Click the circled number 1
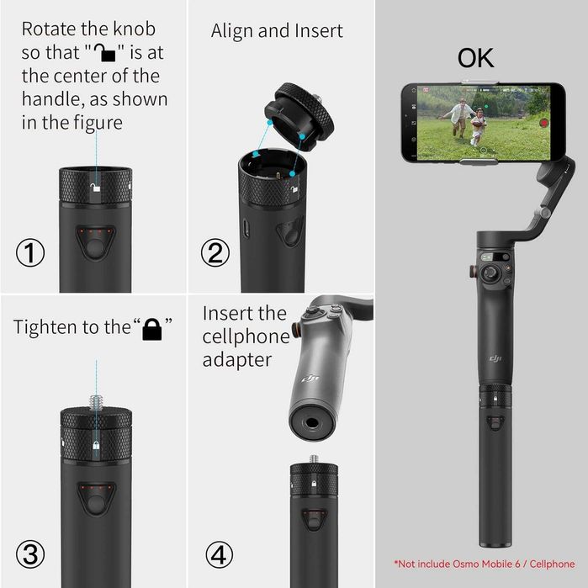[x=31, y=253]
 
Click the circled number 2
[x=216, y=253]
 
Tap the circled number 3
[x=31, y=554]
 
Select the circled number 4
[x=219, y=554]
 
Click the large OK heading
[x=475, y=58]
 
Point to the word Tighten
[x=46, y=327]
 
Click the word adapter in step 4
[x=236, y=360]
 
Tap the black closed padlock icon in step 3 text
[x=151, y=329]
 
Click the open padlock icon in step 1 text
[x=108, y=53]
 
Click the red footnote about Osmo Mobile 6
[x=485, y=563]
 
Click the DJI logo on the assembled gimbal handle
[x=497, y=359]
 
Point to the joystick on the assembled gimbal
[x=489, y=272]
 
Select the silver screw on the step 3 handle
[x=97, y=398]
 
